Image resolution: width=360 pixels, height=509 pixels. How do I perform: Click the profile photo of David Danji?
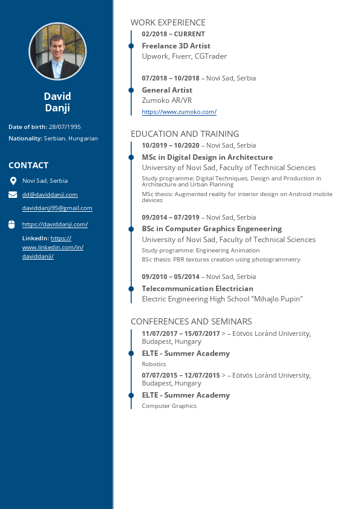[x=57, y=51]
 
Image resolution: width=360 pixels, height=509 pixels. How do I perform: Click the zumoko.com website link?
[x=179, y=112]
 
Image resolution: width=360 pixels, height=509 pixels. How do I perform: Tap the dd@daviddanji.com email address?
[x=50, y=195]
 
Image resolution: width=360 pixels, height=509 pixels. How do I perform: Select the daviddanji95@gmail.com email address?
[x=57, y=208]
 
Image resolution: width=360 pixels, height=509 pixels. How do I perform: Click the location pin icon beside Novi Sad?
[x=13, y=181]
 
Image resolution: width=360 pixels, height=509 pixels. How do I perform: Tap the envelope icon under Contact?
[x=13, y=195]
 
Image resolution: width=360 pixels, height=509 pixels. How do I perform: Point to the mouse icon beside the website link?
[x=11, y=225]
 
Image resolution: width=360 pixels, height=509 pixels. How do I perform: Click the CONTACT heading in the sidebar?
[x=28, y=165]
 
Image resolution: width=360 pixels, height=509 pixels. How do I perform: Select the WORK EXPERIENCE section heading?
[x=168, y=22]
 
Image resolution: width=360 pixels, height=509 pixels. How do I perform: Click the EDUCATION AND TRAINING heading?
[x=185, y=134]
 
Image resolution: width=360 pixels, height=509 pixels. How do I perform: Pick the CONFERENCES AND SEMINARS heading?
[x=191, y=321]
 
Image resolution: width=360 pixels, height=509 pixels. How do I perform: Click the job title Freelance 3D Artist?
[x=176, y=46]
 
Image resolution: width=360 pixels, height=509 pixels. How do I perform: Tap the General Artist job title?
[x=167, y=90]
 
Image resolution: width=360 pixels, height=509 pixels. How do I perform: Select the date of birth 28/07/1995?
[x=65, y=127]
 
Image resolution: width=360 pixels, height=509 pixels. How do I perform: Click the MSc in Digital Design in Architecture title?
[x=207, y=157]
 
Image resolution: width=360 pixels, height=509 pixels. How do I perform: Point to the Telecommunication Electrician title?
[x=197, y=289]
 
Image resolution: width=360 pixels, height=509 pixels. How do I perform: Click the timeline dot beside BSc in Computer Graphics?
[x=131, y=229]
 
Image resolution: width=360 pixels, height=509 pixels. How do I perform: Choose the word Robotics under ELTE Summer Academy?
[x=154, y=364]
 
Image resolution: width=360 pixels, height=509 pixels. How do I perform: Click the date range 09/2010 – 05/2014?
[x=172, y=277]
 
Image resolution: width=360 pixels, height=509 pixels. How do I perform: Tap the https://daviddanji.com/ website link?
[x=55, y=225]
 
